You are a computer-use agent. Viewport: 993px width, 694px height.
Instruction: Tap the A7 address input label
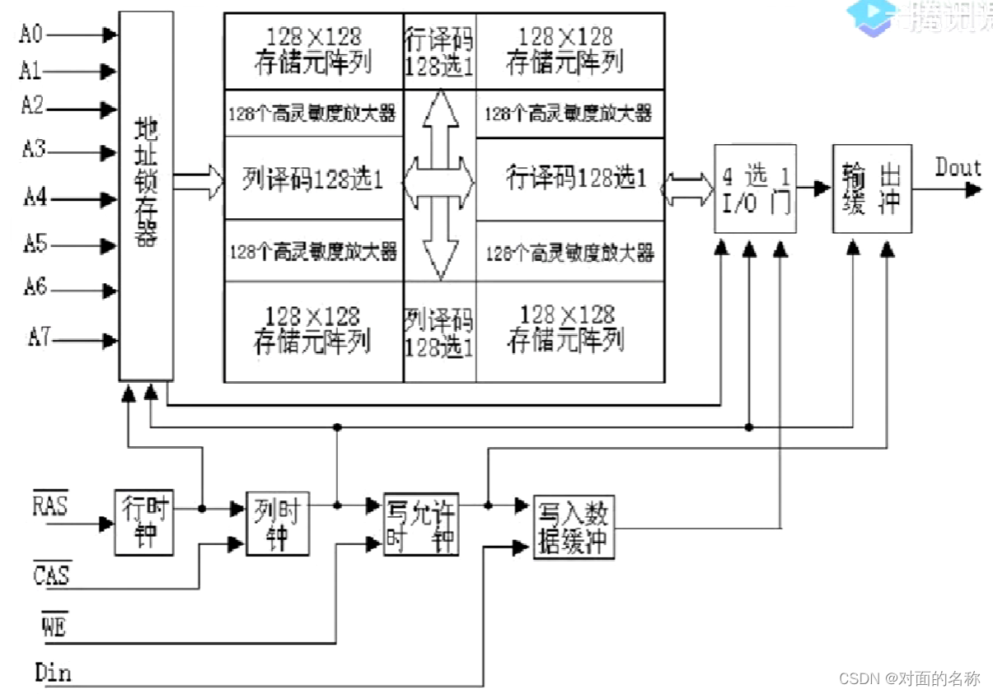pos(39,338)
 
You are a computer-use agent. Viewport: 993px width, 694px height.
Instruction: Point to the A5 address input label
pos(35,244)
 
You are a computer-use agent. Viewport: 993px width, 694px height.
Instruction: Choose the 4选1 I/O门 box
pos(755,189)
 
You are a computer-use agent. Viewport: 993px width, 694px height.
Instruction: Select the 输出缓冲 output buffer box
pos(871,189)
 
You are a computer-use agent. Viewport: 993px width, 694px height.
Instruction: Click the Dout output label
pos(958,168)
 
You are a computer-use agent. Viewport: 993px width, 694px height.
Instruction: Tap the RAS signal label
pos(50,504)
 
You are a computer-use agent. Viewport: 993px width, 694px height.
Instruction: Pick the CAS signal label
pos(51,574)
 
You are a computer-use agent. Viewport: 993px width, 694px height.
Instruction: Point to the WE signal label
pos(54,627)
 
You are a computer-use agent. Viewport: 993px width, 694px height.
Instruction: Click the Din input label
pos(53,673)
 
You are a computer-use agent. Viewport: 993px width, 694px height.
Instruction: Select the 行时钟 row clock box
pos(144,523)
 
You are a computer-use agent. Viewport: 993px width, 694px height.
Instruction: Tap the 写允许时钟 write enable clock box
pos(421,524)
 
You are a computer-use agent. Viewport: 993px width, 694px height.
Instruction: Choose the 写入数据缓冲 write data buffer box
pos(574,528)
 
